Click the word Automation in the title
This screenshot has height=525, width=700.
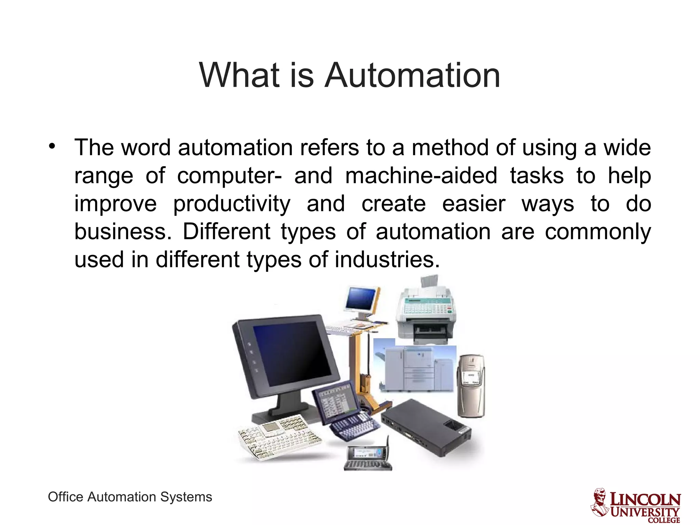click(413, 75)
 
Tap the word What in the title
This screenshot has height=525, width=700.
click(239, 75)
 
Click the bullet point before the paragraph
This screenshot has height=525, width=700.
click(52, 146)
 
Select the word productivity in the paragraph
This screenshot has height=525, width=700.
click(232, 204)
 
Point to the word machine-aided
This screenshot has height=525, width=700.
click(421, 176)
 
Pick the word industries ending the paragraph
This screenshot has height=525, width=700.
click(386, 260)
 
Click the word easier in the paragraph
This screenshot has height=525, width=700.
click(473, 204)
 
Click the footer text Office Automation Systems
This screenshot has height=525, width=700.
click(130, 497)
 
